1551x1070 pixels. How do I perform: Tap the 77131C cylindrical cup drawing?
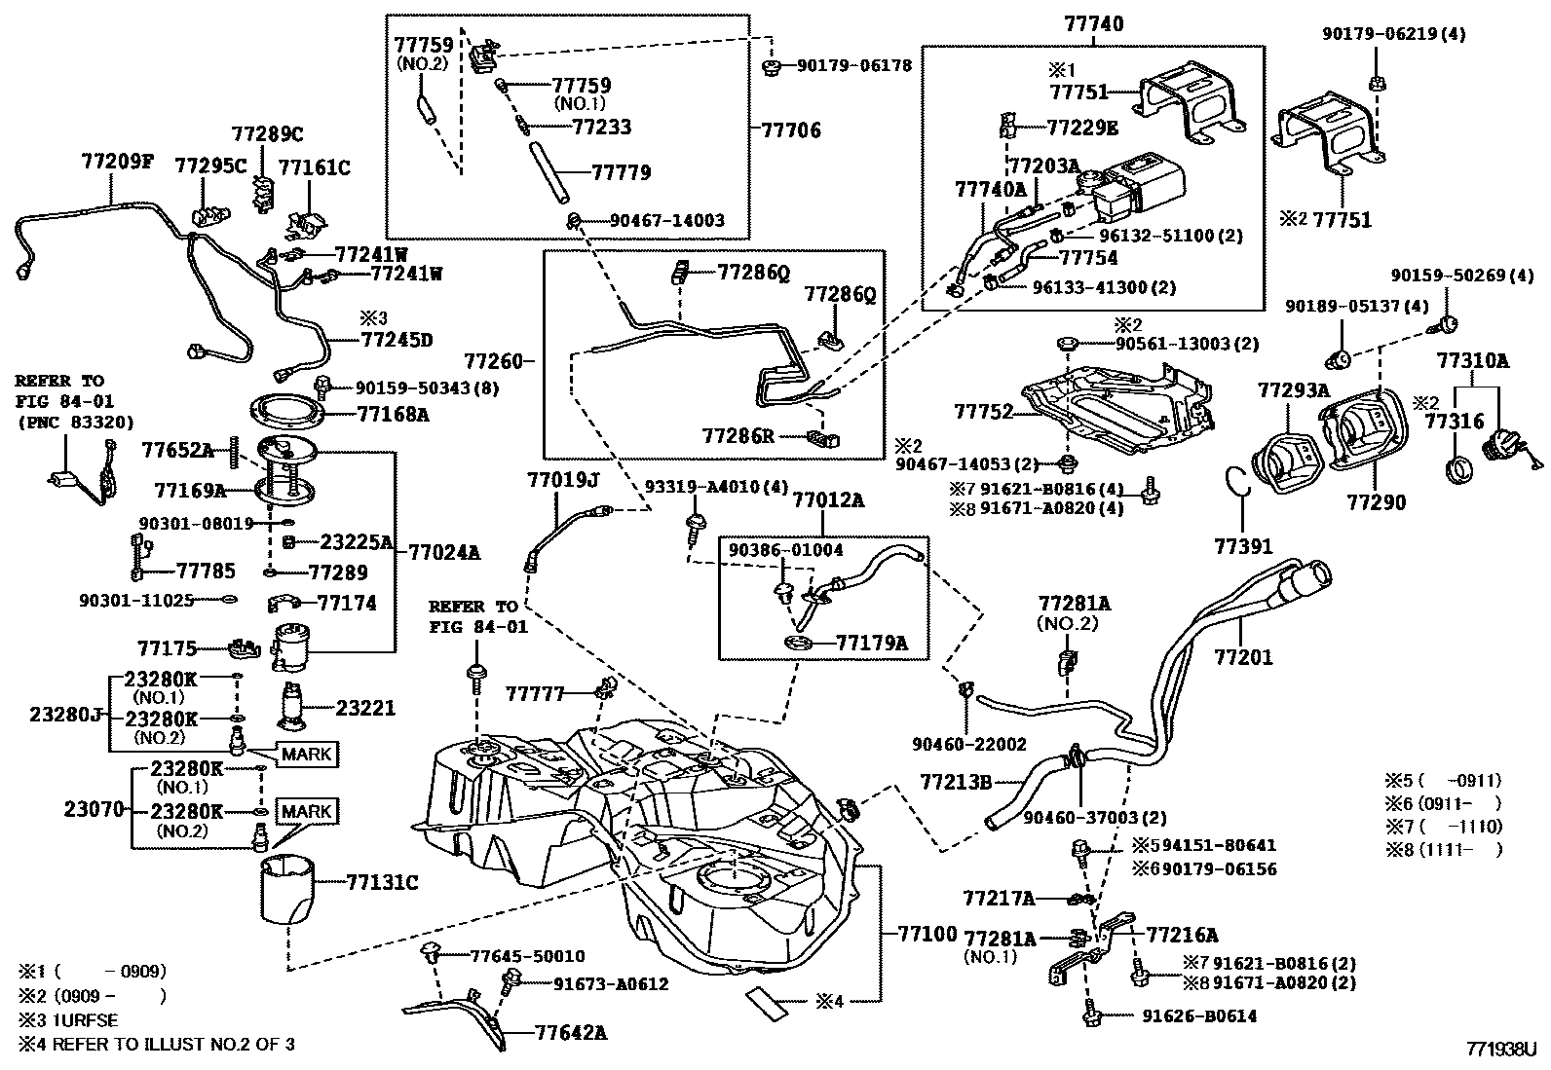tap(286, 888)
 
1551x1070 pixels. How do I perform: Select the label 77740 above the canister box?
tap(1094, 23)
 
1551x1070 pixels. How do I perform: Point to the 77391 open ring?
tap(1236, 481)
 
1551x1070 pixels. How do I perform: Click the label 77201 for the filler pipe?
tap(1243, 658)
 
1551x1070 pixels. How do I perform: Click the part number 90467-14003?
tap(667, 221)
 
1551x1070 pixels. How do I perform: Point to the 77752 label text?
tap(984, 413)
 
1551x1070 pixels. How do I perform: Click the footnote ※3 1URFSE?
tap(68, 1020)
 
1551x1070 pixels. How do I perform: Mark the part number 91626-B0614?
tap(1198, 1016)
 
